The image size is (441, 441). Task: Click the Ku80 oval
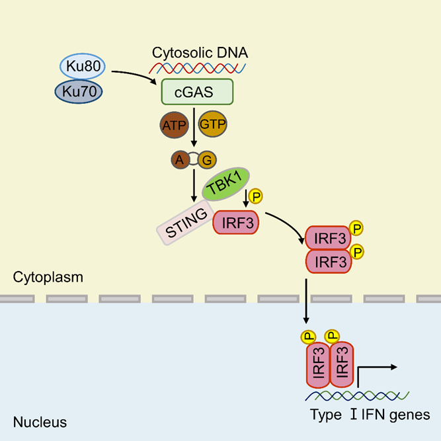pyautogui.click(x=84, y=67)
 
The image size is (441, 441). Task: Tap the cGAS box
pyautogui.click(x=196, y=93)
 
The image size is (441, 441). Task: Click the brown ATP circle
pyautogui.click(x=175, y=124)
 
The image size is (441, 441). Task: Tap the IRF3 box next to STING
pyautogui.click(x=235, y=223)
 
